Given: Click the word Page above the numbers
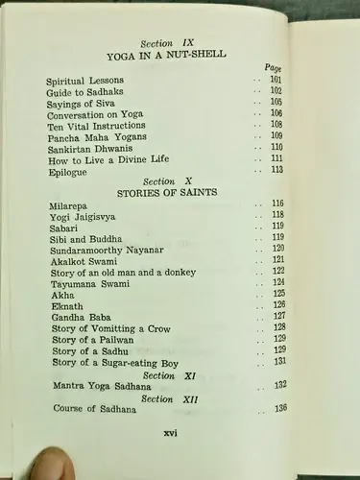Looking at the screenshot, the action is pyautogui.click(x=272, y=69).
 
